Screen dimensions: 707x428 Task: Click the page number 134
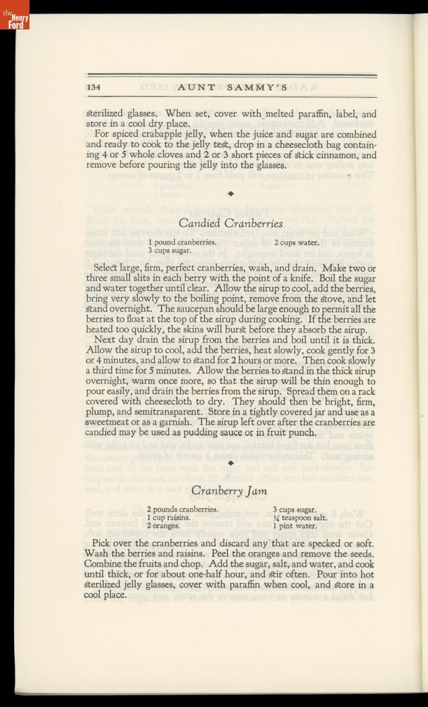(94, 87)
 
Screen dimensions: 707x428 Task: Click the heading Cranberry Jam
(229, 490)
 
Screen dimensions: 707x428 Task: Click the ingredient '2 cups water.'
(297, 242)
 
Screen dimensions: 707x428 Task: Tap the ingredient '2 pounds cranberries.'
(183, 509)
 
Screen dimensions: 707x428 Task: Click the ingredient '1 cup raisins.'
(169, 517)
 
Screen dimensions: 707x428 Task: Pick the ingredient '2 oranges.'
(163, 526)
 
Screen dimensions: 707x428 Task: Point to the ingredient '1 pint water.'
(294, 526)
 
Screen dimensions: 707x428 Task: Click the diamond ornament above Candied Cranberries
(231, 193)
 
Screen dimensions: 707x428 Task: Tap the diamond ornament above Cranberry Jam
(231, 463)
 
